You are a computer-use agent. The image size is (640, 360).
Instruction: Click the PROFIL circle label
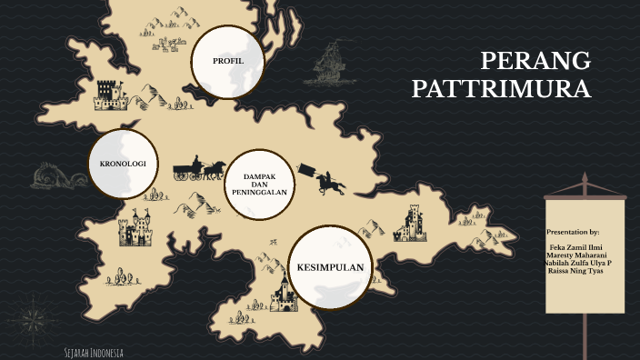pos(228,61)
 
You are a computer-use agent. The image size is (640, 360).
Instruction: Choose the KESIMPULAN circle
pos(330,266)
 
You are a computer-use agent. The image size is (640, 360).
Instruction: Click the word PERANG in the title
pos(535,62)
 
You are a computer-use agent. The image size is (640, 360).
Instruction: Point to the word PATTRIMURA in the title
pos(501,90)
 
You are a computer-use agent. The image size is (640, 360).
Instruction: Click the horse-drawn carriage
pos(199,167)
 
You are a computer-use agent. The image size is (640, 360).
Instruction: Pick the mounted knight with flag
pos(327,180)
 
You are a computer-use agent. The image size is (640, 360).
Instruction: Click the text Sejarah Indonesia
pos(94,352)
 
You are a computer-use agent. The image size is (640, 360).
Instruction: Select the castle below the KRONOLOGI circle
pos(135,228)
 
